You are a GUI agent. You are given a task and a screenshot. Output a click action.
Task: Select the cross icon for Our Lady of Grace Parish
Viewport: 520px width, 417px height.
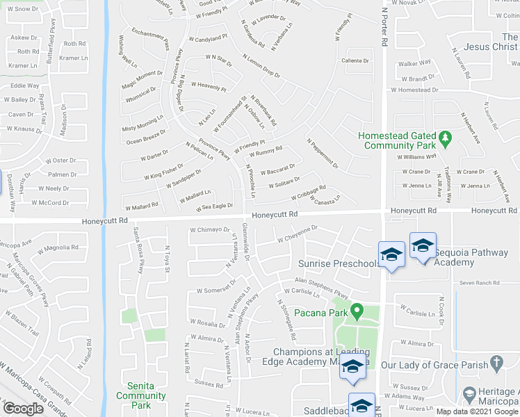pyautogui.click(x=496, y=363)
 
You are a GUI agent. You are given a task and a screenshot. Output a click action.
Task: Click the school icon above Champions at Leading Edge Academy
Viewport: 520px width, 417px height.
pyautogui.click(x=352, y=366)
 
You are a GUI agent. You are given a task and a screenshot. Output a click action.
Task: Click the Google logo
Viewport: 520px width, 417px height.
pyautogui.click(x=24, y=409)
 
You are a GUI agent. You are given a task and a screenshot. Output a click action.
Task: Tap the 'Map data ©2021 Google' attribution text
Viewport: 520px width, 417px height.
pyautogui.click(x=477, y=411)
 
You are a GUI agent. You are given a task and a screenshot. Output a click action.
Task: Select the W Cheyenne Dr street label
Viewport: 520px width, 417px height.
pyautogui.click(x=297, y=234)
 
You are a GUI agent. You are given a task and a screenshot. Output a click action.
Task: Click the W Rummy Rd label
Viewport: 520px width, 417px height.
pyautogui.click(x=264, y=152)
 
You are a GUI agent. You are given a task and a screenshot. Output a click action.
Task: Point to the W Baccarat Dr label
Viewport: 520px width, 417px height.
pyautogui.click(x=277, y=169)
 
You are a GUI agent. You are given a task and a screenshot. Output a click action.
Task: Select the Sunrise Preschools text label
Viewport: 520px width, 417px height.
pyautogui.click(x=339, y=263)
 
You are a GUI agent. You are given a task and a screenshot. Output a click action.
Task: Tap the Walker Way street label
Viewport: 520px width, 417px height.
pyautogui.click(x=413, y=63)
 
